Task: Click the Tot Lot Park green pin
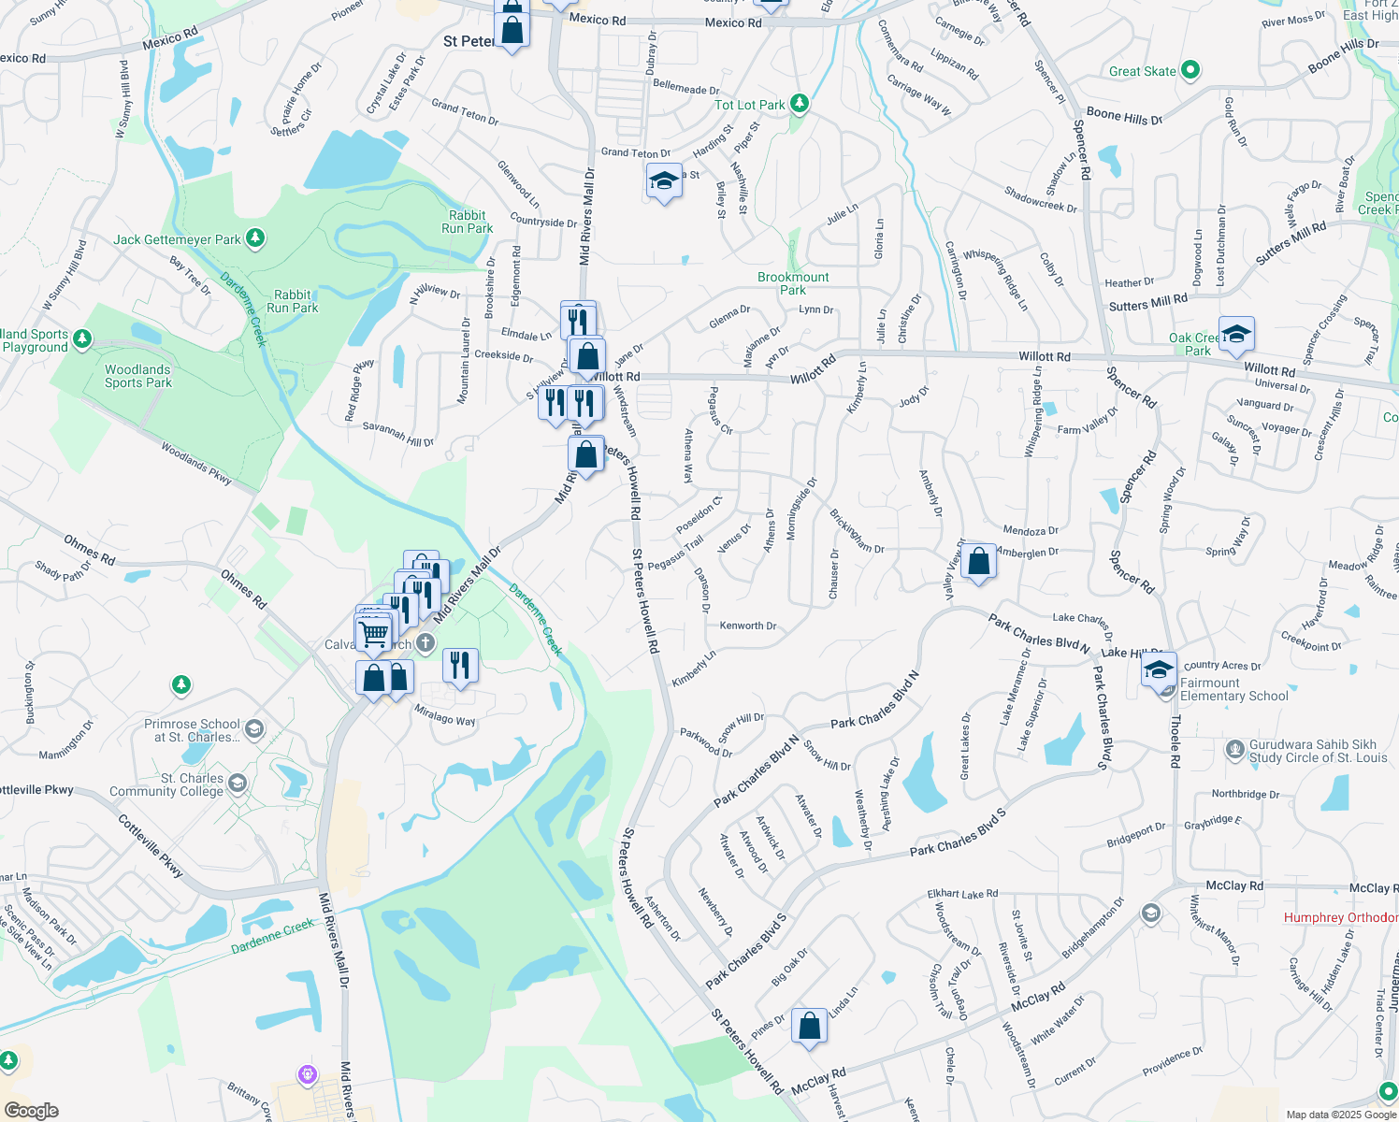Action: tap(800, 103)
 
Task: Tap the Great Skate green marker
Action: tap(1190, 70)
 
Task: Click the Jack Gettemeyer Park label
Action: tap(178, 239)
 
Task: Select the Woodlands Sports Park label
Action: tap(137, 376)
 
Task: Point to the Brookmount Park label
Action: tap(793, 283)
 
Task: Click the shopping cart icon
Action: tap(374, 634)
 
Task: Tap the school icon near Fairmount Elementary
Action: tap(1159, 669)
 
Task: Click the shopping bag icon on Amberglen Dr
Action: tap(978, 562)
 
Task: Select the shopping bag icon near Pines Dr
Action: tap(809, 1025)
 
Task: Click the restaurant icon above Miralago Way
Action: tap(459, 665)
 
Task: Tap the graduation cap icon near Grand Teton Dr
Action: tap(664, 180)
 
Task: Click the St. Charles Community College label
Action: tap(166, 784)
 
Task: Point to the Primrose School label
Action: tap(192, 730)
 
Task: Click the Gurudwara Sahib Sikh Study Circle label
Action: tap(1318, 751)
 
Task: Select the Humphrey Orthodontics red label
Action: tap(1340, 917)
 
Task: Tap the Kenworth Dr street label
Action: tap(748, 626)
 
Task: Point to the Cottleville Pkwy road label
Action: tap(151, 845)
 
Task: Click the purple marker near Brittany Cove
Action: tap(308, 1074)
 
